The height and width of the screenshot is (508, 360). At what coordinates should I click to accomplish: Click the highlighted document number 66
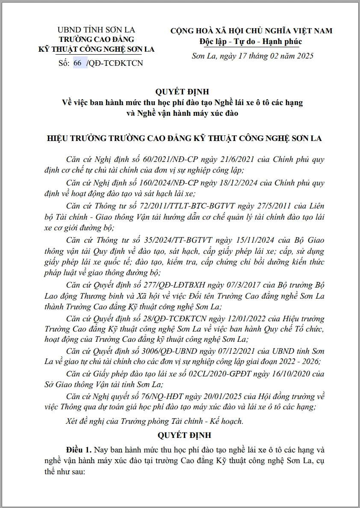point(77,63)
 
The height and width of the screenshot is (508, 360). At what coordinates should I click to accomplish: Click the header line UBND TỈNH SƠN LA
point(96,30)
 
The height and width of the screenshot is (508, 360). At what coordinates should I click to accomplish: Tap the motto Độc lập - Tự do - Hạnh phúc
point(251,41)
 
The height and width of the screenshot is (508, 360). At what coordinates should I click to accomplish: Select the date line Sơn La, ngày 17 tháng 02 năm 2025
point(252,56)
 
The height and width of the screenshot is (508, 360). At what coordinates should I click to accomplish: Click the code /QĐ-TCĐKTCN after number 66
point(115,63)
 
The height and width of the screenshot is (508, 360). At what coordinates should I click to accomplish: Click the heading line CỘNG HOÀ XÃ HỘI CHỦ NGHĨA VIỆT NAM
point(251,31)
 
